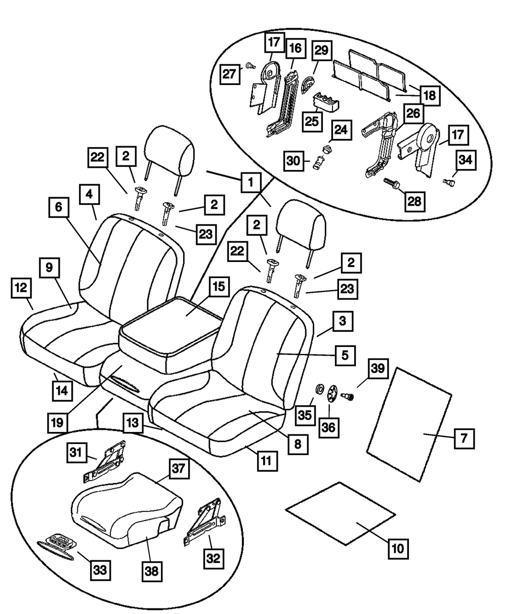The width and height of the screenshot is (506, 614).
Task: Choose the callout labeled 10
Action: pos(399,547)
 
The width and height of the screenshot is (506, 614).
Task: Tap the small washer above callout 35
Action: pos(320,389)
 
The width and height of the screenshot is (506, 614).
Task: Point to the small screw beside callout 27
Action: pos(249,65)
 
